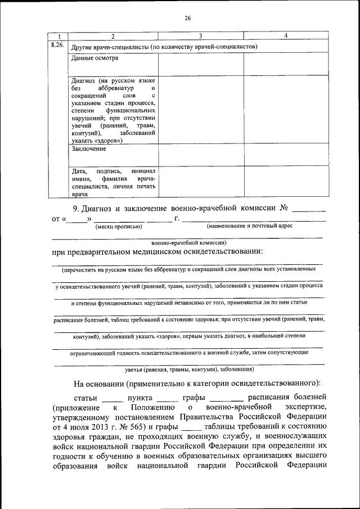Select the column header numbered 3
201,36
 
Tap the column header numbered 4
286,36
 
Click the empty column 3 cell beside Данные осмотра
201,65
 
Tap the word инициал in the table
143,171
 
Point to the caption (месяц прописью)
118,226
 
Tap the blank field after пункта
166,399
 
